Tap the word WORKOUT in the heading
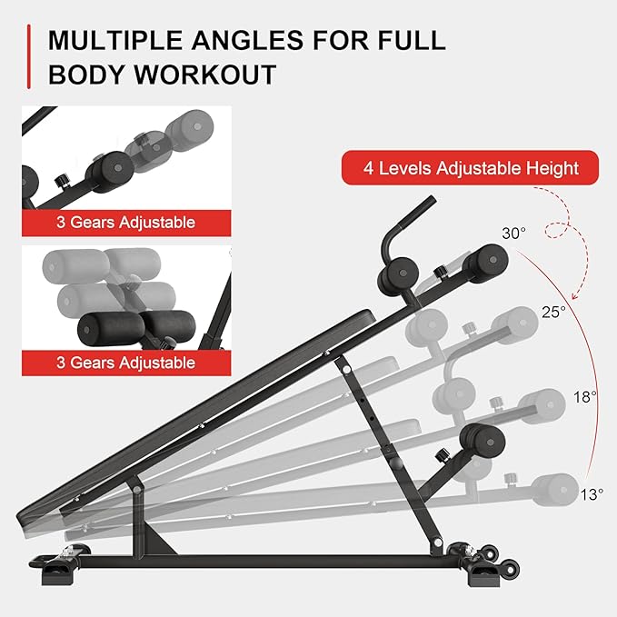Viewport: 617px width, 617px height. [209, 75]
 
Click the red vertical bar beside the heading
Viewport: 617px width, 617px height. [30, 57]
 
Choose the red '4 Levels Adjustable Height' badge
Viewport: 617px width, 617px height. [470, 168]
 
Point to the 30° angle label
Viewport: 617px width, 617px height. [513, 234]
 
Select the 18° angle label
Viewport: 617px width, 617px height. [585, 396]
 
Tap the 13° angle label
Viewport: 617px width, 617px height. [591, 494]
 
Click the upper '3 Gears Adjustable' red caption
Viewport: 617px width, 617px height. [126, 223]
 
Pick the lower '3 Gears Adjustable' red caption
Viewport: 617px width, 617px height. [126, 363]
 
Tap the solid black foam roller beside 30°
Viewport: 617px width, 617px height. [484, 268]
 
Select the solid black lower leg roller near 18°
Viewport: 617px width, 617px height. [483, 443]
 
